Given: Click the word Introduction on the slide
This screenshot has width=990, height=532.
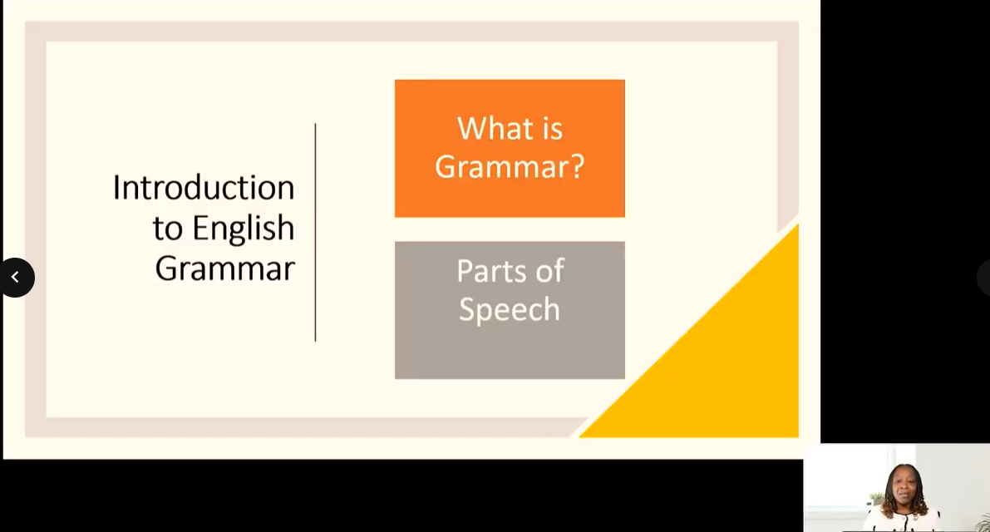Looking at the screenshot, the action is tap(204, 187).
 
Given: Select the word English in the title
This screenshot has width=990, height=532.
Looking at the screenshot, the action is tap(243, 229).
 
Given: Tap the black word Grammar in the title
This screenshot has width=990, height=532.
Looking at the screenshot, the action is tap(224, 268).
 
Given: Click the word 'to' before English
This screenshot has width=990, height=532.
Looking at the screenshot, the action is tap(167, 229).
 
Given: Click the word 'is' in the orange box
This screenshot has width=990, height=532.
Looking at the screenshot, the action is tap(552, 129).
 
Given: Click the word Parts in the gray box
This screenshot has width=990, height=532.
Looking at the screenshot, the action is tap(490, 271).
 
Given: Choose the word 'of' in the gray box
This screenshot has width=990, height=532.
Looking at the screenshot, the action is tap(550, 271).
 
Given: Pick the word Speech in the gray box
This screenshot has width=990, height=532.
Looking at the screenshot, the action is tap(510, 310).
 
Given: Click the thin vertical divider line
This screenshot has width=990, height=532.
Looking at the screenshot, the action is tap(315, 232).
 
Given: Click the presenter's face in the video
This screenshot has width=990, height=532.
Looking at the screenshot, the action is tap(904, 486).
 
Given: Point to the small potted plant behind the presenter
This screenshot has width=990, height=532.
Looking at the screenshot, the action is tap(876, 499).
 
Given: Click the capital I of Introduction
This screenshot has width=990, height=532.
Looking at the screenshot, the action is tap(116, 187).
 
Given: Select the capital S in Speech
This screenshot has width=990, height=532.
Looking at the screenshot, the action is tap(467, 308).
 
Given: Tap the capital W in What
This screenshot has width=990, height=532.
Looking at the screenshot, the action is tap(472, 128).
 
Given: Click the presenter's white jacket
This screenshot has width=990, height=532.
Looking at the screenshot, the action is tap(902, 520).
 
